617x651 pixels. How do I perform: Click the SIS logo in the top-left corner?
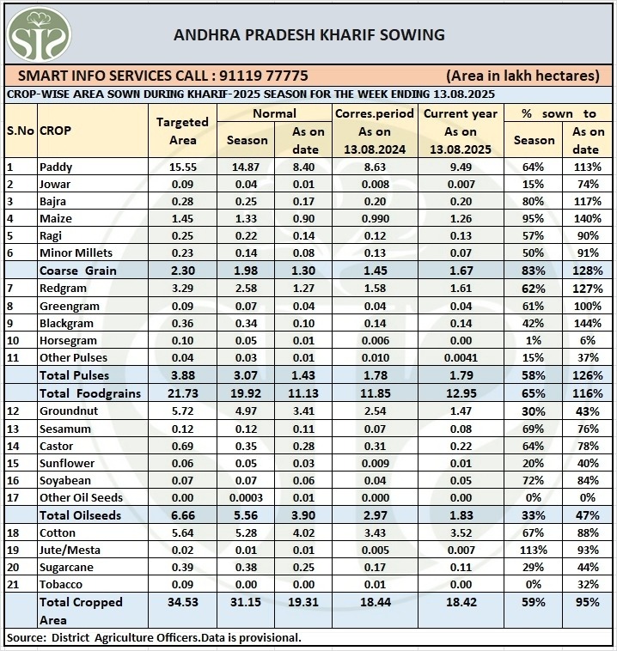39,33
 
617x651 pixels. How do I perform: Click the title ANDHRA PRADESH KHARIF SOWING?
309,34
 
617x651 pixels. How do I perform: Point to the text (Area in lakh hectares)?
522,76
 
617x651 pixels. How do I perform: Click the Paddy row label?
56,167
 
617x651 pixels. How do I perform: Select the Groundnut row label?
68,411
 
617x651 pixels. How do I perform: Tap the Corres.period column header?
375,113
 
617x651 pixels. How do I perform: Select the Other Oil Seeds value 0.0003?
247,498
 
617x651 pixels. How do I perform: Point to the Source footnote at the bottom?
153,637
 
